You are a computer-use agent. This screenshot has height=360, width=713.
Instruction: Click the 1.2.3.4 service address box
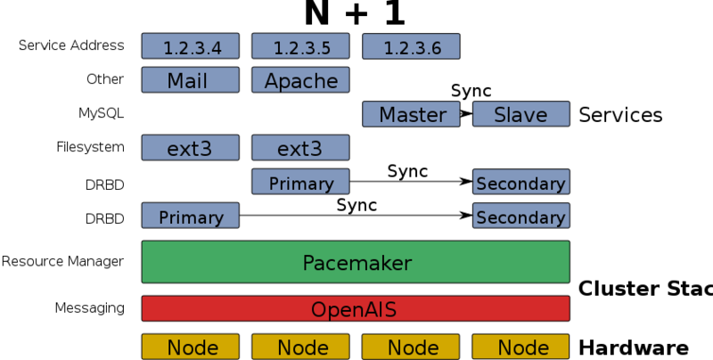tap(190, 45)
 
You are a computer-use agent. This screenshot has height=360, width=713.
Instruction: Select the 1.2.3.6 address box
tap(411, 45)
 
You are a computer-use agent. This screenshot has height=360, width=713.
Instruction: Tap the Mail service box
tap(190, 80)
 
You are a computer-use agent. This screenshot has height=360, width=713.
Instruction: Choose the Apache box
tap(300, 80)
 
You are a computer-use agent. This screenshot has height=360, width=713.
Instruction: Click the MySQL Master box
tap(411, 114)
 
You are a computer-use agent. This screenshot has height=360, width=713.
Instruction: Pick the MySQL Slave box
tap(520, 114)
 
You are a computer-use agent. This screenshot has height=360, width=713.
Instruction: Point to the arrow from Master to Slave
tap(465, 114)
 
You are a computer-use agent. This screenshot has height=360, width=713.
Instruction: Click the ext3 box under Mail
tap(190, 147)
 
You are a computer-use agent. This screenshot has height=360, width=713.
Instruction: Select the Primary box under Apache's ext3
tap(300, 182)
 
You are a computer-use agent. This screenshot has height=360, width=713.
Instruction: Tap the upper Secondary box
tap(520, 182)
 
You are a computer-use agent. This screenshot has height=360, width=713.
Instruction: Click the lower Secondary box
tap(520, 216)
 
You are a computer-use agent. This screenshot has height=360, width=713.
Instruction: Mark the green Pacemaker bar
tap(356, 262)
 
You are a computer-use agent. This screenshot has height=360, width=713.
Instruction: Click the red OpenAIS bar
tap(356, 308)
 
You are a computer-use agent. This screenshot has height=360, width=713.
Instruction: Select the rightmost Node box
tap(520, 347)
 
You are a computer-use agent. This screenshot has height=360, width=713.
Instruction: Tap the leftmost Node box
tap(190, 347)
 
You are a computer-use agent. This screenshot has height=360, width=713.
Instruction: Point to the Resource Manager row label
tap(62, 262)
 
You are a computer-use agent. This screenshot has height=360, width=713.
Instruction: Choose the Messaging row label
tap(89, 308)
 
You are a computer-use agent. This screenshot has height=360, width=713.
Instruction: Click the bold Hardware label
tap(634, 348)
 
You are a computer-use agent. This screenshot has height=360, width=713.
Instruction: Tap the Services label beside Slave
tap(620, 115)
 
